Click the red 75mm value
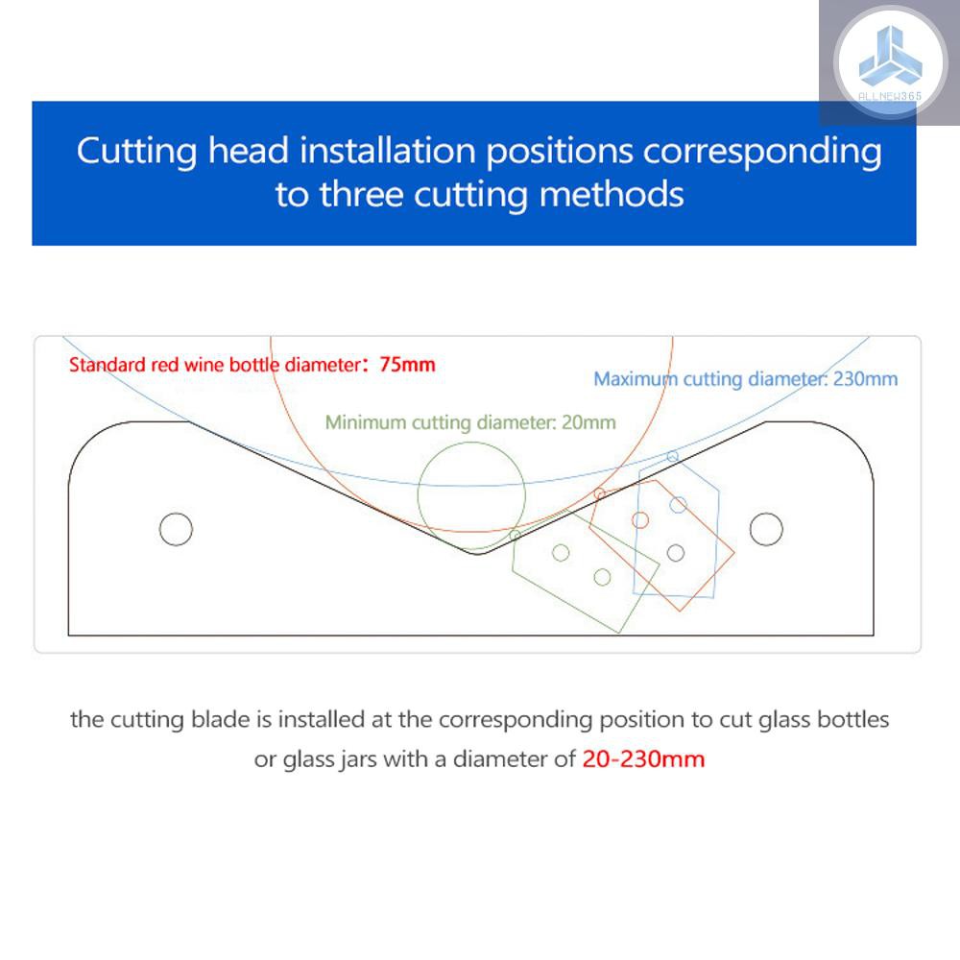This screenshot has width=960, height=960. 407,365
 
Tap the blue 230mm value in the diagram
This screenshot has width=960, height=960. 865,379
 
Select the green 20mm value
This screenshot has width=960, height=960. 588,422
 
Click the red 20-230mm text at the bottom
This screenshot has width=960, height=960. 643,759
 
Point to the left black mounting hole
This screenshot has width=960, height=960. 176,529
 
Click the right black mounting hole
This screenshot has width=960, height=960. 766,529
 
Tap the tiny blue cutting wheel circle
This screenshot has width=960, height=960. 672,456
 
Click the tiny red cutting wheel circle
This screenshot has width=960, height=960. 599,493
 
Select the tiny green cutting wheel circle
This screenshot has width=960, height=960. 515,535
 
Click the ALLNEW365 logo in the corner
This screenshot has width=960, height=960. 890,61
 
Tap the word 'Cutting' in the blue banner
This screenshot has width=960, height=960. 136,151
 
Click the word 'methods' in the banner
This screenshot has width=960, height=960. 611,195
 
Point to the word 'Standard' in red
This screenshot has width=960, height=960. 108,365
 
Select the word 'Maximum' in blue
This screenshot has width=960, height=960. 636,379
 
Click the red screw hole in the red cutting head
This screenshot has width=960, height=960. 639,519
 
